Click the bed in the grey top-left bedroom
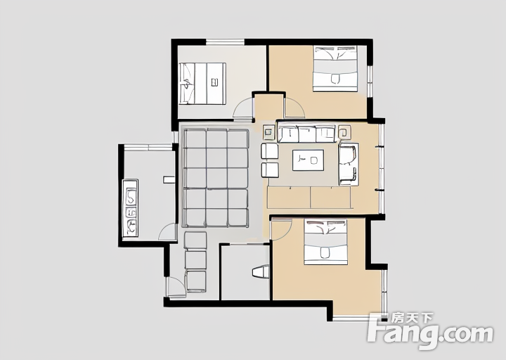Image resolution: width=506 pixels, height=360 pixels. coord(202,84)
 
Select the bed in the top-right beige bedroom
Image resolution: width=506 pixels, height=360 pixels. coord(336,68)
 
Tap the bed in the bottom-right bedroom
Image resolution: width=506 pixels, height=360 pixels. coord(325,242)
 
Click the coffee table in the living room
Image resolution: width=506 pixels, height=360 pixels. coord(309,160)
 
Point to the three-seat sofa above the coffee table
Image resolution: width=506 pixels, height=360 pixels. coord(306,134)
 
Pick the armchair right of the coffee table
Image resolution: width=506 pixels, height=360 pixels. coord(349,164)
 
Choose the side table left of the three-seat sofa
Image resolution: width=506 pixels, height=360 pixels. coord(268,131)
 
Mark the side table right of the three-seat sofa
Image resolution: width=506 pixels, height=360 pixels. coord(344,131)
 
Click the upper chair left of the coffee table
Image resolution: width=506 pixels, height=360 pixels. coord(270,151)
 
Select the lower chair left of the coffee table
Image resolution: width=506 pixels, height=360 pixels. coord(270,170)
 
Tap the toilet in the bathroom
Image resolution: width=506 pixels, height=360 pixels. coord(261,271)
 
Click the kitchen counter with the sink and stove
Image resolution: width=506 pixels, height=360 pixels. coord(131,208)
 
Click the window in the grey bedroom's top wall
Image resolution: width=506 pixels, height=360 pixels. coord(226,42)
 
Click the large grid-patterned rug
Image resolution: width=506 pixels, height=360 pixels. coord(216,178)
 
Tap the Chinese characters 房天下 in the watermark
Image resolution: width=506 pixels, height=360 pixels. coord(412,319)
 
